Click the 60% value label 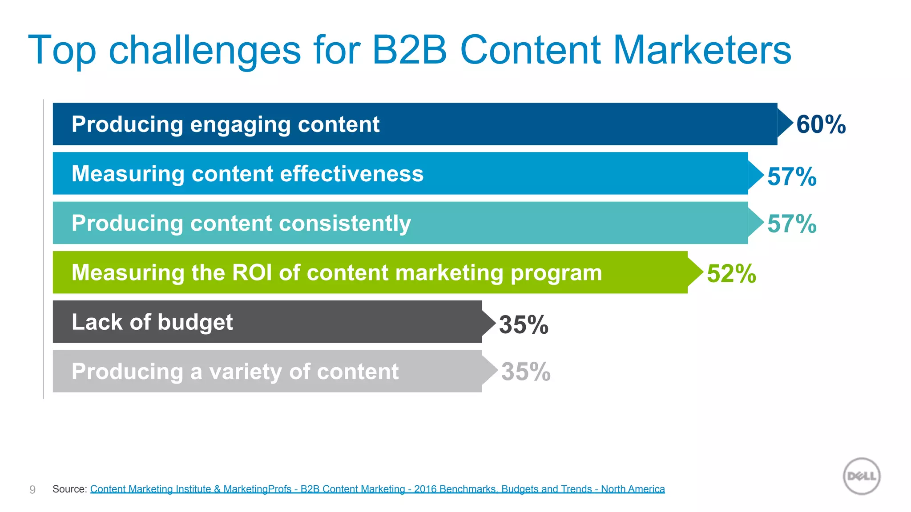click(x=821, y=124)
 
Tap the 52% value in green click(x=731, y=273)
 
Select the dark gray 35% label click(x=524, y=324)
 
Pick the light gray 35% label click(x=526, y=372)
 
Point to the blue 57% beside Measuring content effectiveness click(x=792, y=176)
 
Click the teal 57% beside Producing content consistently click(x=792, y=224)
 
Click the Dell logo click(x=862, y=476)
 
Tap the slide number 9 click(x=32, y=489)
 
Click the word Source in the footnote click(x=69, y=489)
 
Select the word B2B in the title click(x=409, y=50)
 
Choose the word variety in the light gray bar click(x=245, y=372)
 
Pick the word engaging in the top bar click(x=240, y=125)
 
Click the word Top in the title click(x=62, y=51)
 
